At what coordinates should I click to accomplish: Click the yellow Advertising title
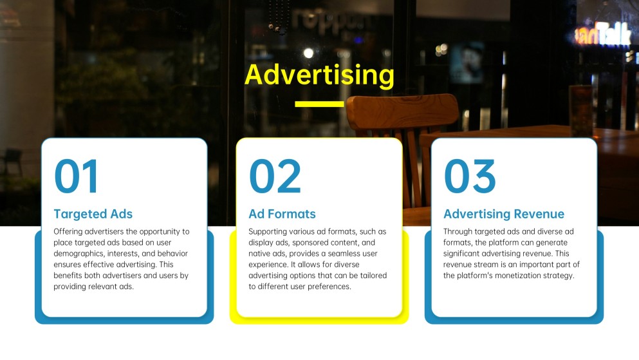pos(319,75)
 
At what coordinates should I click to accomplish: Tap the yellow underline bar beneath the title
pos(319,104)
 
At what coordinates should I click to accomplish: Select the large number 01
pos(77,176)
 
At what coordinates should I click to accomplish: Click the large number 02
pos(275,176)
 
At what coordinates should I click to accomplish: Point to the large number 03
pos(470,176)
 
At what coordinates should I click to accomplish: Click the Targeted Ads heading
pos(93,214)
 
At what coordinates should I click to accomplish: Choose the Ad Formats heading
pos(282,214)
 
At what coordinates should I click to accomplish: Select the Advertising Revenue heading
pos(503,214)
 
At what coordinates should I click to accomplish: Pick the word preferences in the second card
pos(328,287)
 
